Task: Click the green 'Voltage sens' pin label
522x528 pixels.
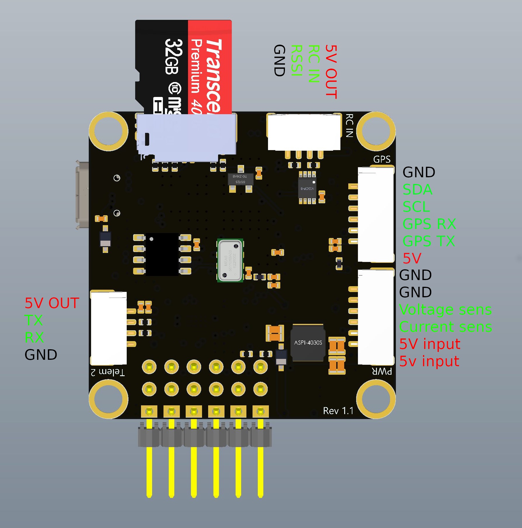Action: (x=445, y=310)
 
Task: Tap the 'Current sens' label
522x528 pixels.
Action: (x=445, y=327)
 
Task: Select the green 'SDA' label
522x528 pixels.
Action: (x=417, y=190)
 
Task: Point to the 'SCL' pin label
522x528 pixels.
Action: (x=416, y=207)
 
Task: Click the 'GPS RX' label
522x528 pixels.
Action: (x=429, y=224)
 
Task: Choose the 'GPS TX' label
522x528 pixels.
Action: (x=428, y=241)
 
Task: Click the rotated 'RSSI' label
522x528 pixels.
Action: (x=296, y=60)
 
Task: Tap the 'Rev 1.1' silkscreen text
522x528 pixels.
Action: (x=338, y=411)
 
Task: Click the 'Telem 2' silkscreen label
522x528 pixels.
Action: (x=108, y=372)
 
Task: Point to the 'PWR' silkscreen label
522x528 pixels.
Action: (x=382, y=371)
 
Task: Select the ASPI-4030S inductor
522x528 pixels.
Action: (x=308, y=343)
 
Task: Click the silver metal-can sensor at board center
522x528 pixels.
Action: (x=230, y=260)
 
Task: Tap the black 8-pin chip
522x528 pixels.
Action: (x=162, y=254)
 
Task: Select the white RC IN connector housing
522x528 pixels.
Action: (x=304, y=132)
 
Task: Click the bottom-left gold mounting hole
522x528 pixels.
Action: (x=108, y=399)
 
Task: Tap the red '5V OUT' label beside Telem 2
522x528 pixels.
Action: (x=52, y=303)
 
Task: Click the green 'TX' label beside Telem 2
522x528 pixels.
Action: (x=34, y=320)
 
